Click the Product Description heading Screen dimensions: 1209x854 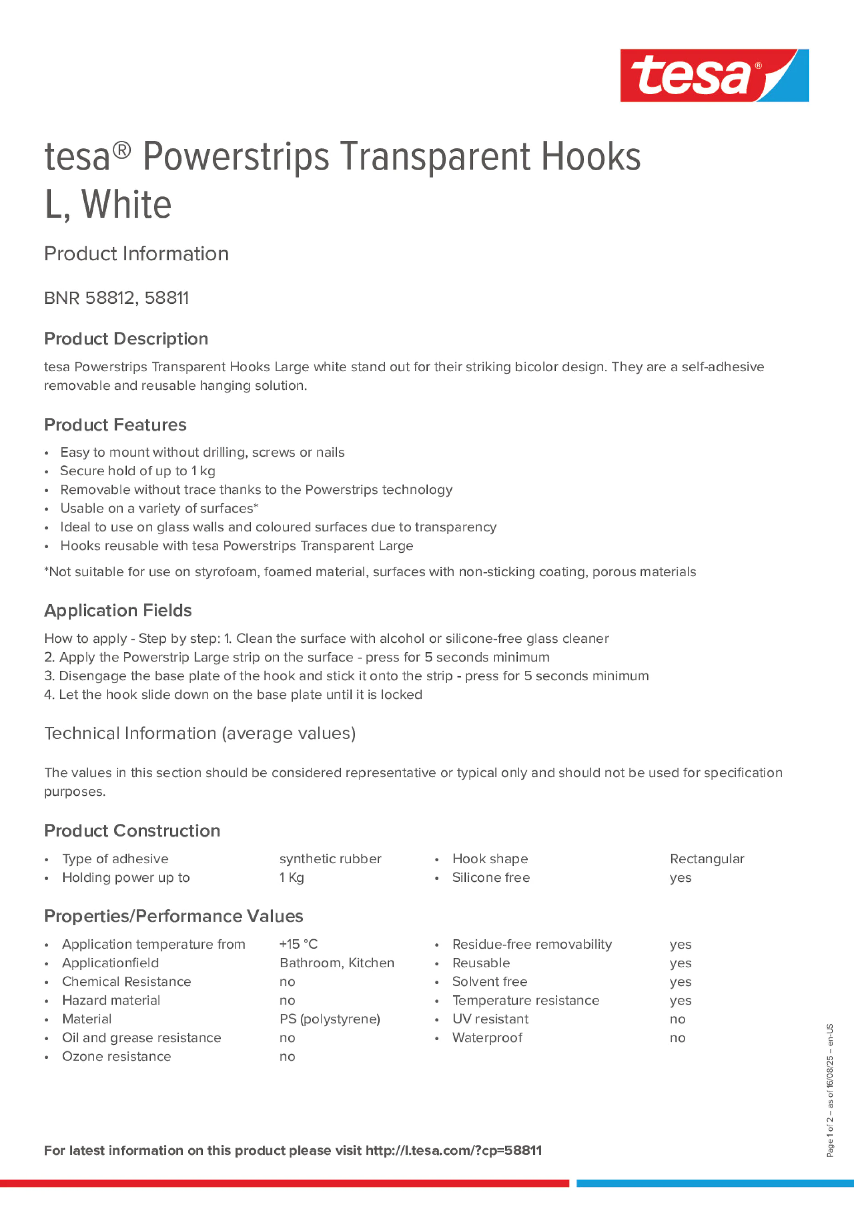[x=126, y=339]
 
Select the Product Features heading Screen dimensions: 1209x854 [x=115, y=425]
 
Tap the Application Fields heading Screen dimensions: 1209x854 [x=118, y=610]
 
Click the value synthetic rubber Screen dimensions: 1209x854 [x=330, y=859]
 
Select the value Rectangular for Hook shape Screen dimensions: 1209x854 [x=706, y=859]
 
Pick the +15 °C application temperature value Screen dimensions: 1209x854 [x=299, y=944]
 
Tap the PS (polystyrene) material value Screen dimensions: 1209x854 [x=329, y=1019]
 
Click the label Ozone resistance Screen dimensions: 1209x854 [x=116, y=1056]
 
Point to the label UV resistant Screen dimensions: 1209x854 [x=490, y=1019]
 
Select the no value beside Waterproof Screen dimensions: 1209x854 [x=677, y=1038]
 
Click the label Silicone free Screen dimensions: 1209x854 [x=491, y=878]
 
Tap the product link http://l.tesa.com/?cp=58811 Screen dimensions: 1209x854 [x=453, y=1151]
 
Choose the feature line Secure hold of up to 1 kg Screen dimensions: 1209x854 [x=138, y=471]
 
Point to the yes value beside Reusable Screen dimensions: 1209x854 [x=680, y=963]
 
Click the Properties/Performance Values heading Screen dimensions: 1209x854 [x=174, y=916]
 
